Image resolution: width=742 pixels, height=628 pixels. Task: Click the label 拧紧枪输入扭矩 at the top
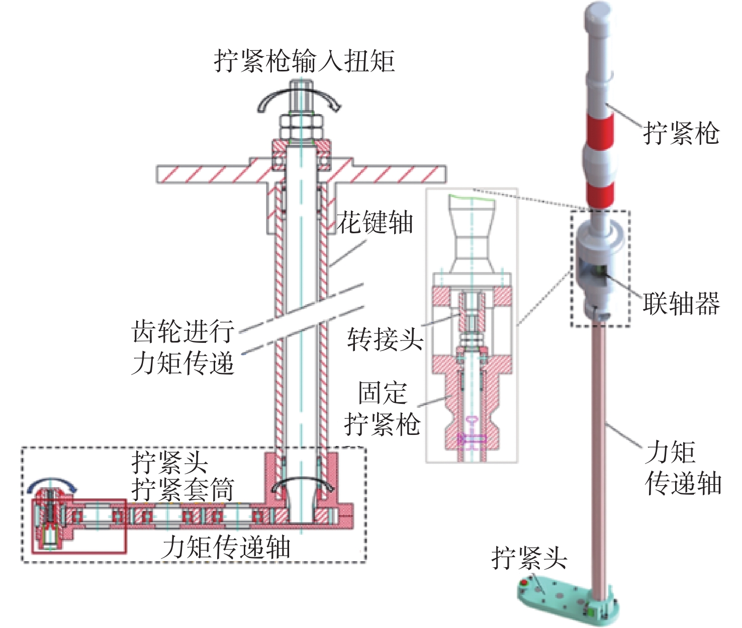304,61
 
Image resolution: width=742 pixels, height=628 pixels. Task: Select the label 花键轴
375,222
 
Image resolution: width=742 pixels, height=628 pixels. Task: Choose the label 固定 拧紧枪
382,408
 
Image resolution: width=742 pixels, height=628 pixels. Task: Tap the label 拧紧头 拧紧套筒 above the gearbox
182,476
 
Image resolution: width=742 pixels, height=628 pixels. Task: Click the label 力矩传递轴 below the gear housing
226,547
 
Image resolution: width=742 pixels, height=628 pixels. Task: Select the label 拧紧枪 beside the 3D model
681,133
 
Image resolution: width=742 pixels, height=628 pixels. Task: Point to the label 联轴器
681,304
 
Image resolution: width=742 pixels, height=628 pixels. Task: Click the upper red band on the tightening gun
599,130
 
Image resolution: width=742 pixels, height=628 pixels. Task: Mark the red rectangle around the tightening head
79,526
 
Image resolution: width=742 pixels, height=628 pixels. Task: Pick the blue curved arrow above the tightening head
52,484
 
